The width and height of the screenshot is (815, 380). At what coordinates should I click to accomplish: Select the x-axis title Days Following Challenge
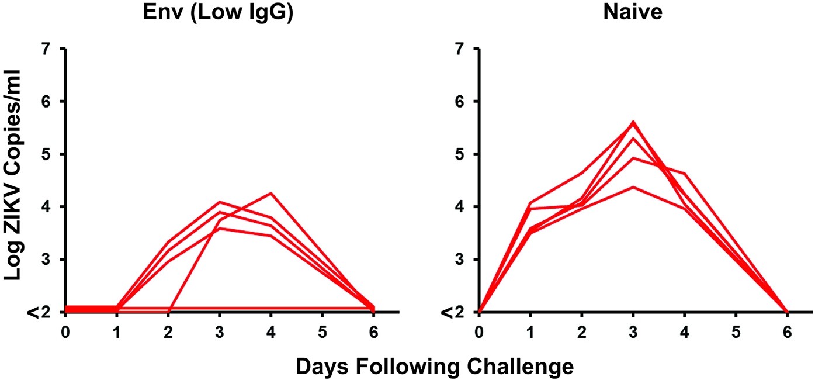435,367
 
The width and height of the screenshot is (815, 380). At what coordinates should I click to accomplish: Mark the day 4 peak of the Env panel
271,192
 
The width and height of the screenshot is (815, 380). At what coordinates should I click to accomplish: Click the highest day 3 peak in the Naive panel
633,122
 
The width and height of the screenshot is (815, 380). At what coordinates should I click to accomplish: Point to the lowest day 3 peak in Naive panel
633,186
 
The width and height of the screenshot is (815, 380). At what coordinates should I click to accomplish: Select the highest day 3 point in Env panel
220,202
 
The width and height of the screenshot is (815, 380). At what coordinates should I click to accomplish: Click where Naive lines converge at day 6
786,312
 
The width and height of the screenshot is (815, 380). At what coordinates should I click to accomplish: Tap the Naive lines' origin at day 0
479,312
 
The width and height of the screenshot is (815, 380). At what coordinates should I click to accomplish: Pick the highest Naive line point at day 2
581,173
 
